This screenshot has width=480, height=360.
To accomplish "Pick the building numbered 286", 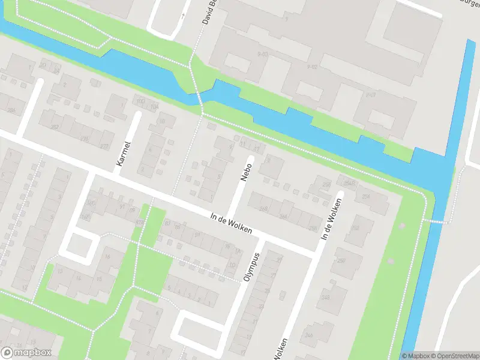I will pyautogui.click(x=10, y=110).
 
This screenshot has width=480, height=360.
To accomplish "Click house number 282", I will pyautogui.click(x=55, y=127).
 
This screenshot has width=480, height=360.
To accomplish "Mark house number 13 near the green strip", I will pyautogui.click(x=59, y=271).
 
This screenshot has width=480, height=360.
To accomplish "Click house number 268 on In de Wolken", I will pyautogui.click(x=263, y=208).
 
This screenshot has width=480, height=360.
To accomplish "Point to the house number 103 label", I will pyautogui.click(x=141, y=101).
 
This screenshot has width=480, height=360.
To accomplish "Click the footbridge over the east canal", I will pyautogui.click(x=436, y=221).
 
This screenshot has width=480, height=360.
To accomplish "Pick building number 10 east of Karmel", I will pyautogui.click(x=163, y=122).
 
